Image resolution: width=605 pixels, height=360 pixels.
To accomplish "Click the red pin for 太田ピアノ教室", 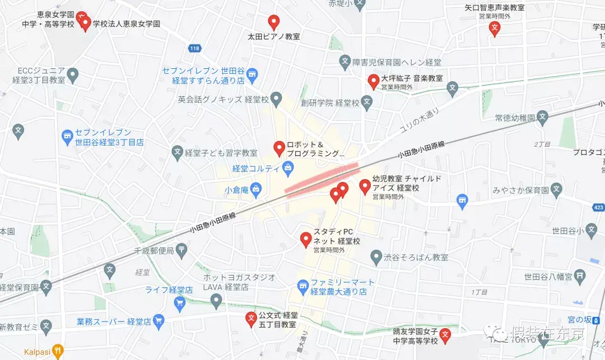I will click(273, 22).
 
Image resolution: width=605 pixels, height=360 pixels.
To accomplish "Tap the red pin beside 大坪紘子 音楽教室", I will click(373, 82).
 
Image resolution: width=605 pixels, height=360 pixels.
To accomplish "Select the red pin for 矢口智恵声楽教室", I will click(494, 29).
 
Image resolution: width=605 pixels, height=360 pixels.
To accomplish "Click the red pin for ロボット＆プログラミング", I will click(278, 148).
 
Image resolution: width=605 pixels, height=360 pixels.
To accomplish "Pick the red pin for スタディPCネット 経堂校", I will click(305, 239).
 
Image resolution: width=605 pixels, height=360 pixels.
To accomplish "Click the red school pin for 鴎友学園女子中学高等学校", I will click(445, 335).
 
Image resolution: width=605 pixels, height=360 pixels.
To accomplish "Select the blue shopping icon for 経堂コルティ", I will click(287, 166).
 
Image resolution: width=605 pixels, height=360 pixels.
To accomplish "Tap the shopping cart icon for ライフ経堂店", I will click(180, 303).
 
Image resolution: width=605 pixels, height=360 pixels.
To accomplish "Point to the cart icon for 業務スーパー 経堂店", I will click(159, 321).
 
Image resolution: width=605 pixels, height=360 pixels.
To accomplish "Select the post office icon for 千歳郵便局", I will click(182, 251).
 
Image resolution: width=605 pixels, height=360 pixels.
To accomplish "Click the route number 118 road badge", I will click(194, 49).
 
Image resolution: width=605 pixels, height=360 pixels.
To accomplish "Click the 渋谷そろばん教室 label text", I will click(416, 258).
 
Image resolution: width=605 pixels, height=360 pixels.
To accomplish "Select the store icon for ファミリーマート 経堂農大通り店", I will click(302, 287).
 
